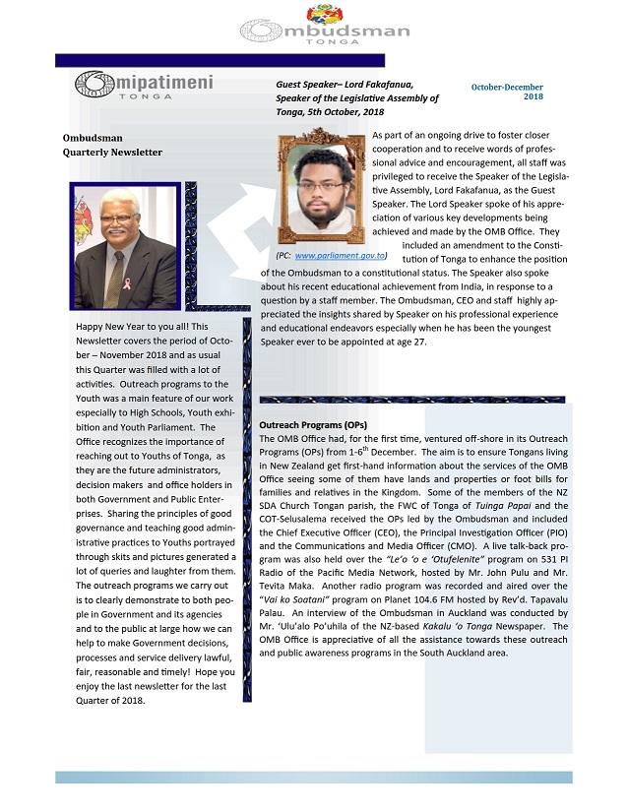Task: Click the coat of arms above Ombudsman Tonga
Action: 324,13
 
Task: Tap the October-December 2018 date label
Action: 508,92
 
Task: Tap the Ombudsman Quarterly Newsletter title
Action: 112,146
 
